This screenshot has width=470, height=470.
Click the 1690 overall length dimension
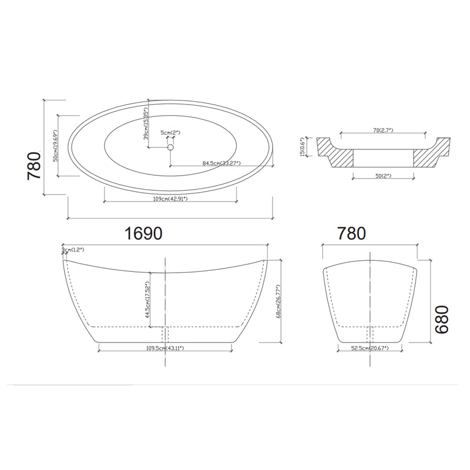143,233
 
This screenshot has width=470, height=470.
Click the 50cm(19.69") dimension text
55,146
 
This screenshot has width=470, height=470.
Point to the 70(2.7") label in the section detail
384,129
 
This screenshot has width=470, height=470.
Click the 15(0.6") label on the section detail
304,147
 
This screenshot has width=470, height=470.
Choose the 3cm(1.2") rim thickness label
74,250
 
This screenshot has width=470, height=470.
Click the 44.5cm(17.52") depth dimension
146,300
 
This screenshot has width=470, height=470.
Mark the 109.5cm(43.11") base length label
164,348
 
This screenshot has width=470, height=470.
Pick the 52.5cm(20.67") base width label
370,348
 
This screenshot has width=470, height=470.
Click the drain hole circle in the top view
171,147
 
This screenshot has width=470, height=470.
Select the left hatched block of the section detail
335,155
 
